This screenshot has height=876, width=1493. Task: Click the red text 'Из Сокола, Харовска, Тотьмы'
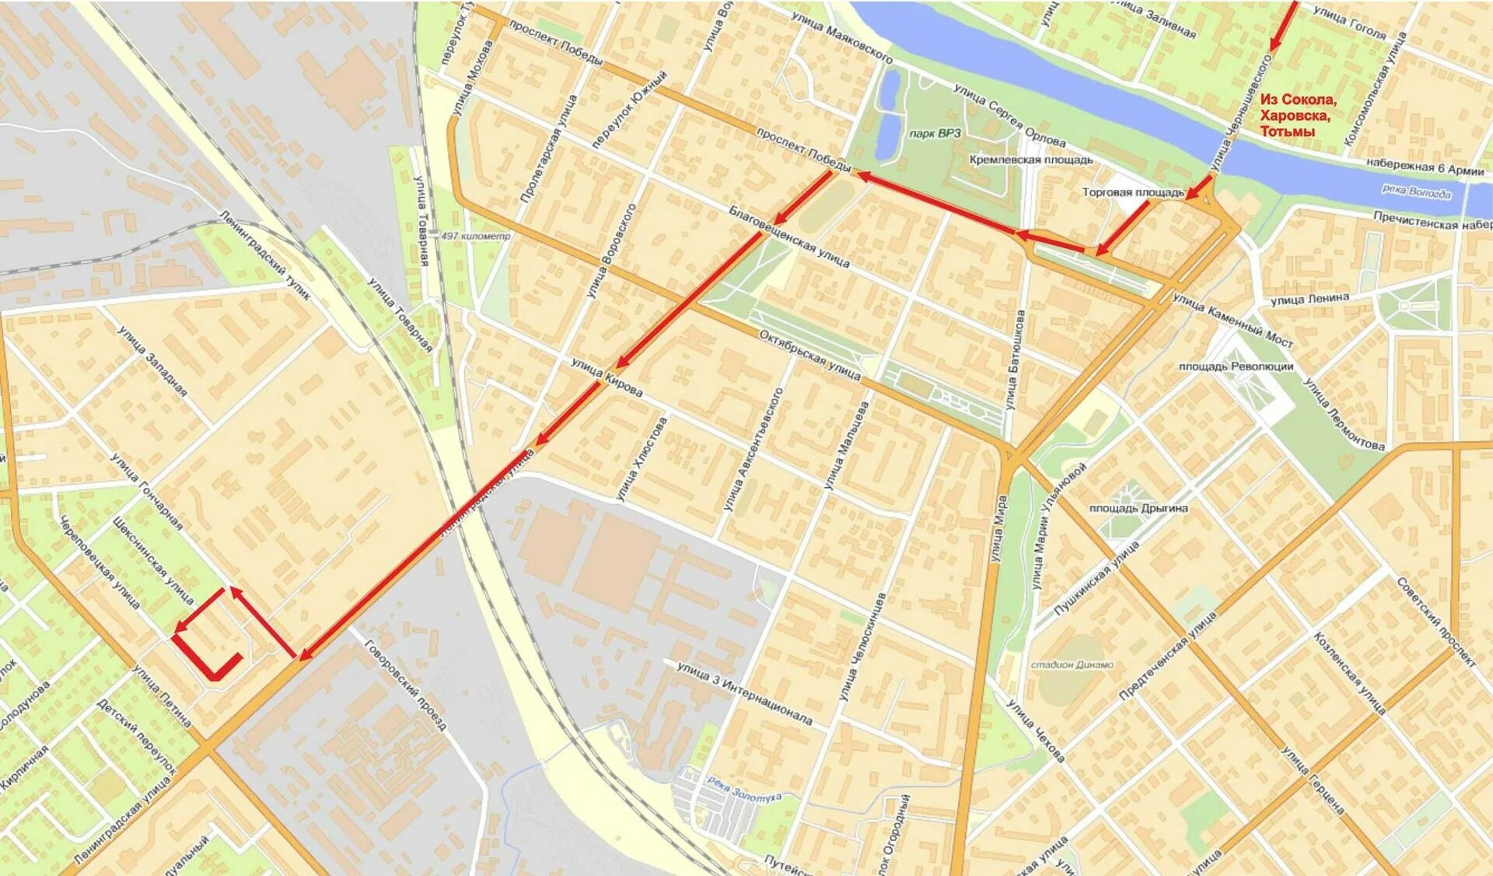click(1298, 115)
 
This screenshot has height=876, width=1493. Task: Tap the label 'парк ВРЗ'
click(935, 133)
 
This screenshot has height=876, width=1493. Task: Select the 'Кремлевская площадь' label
click(1030, 159)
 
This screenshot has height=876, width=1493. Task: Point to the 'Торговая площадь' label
click(1132, 192)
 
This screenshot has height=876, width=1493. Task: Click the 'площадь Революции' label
click(1236, 366)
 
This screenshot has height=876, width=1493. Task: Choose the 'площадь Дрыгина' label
click(1138, 508)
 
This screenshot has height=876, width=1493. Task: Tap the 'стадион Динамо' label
click(1072, 664)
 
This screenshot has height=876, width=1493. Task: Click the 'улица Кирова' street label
click(607, 377)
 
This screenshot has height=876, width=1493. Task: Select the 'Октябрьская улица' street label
click(809, 355)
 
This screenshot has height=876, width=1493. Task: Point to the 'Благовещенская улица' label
click(788, 237)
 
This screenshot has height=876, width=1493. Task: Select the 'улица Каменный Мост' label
click(1233, 320)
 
